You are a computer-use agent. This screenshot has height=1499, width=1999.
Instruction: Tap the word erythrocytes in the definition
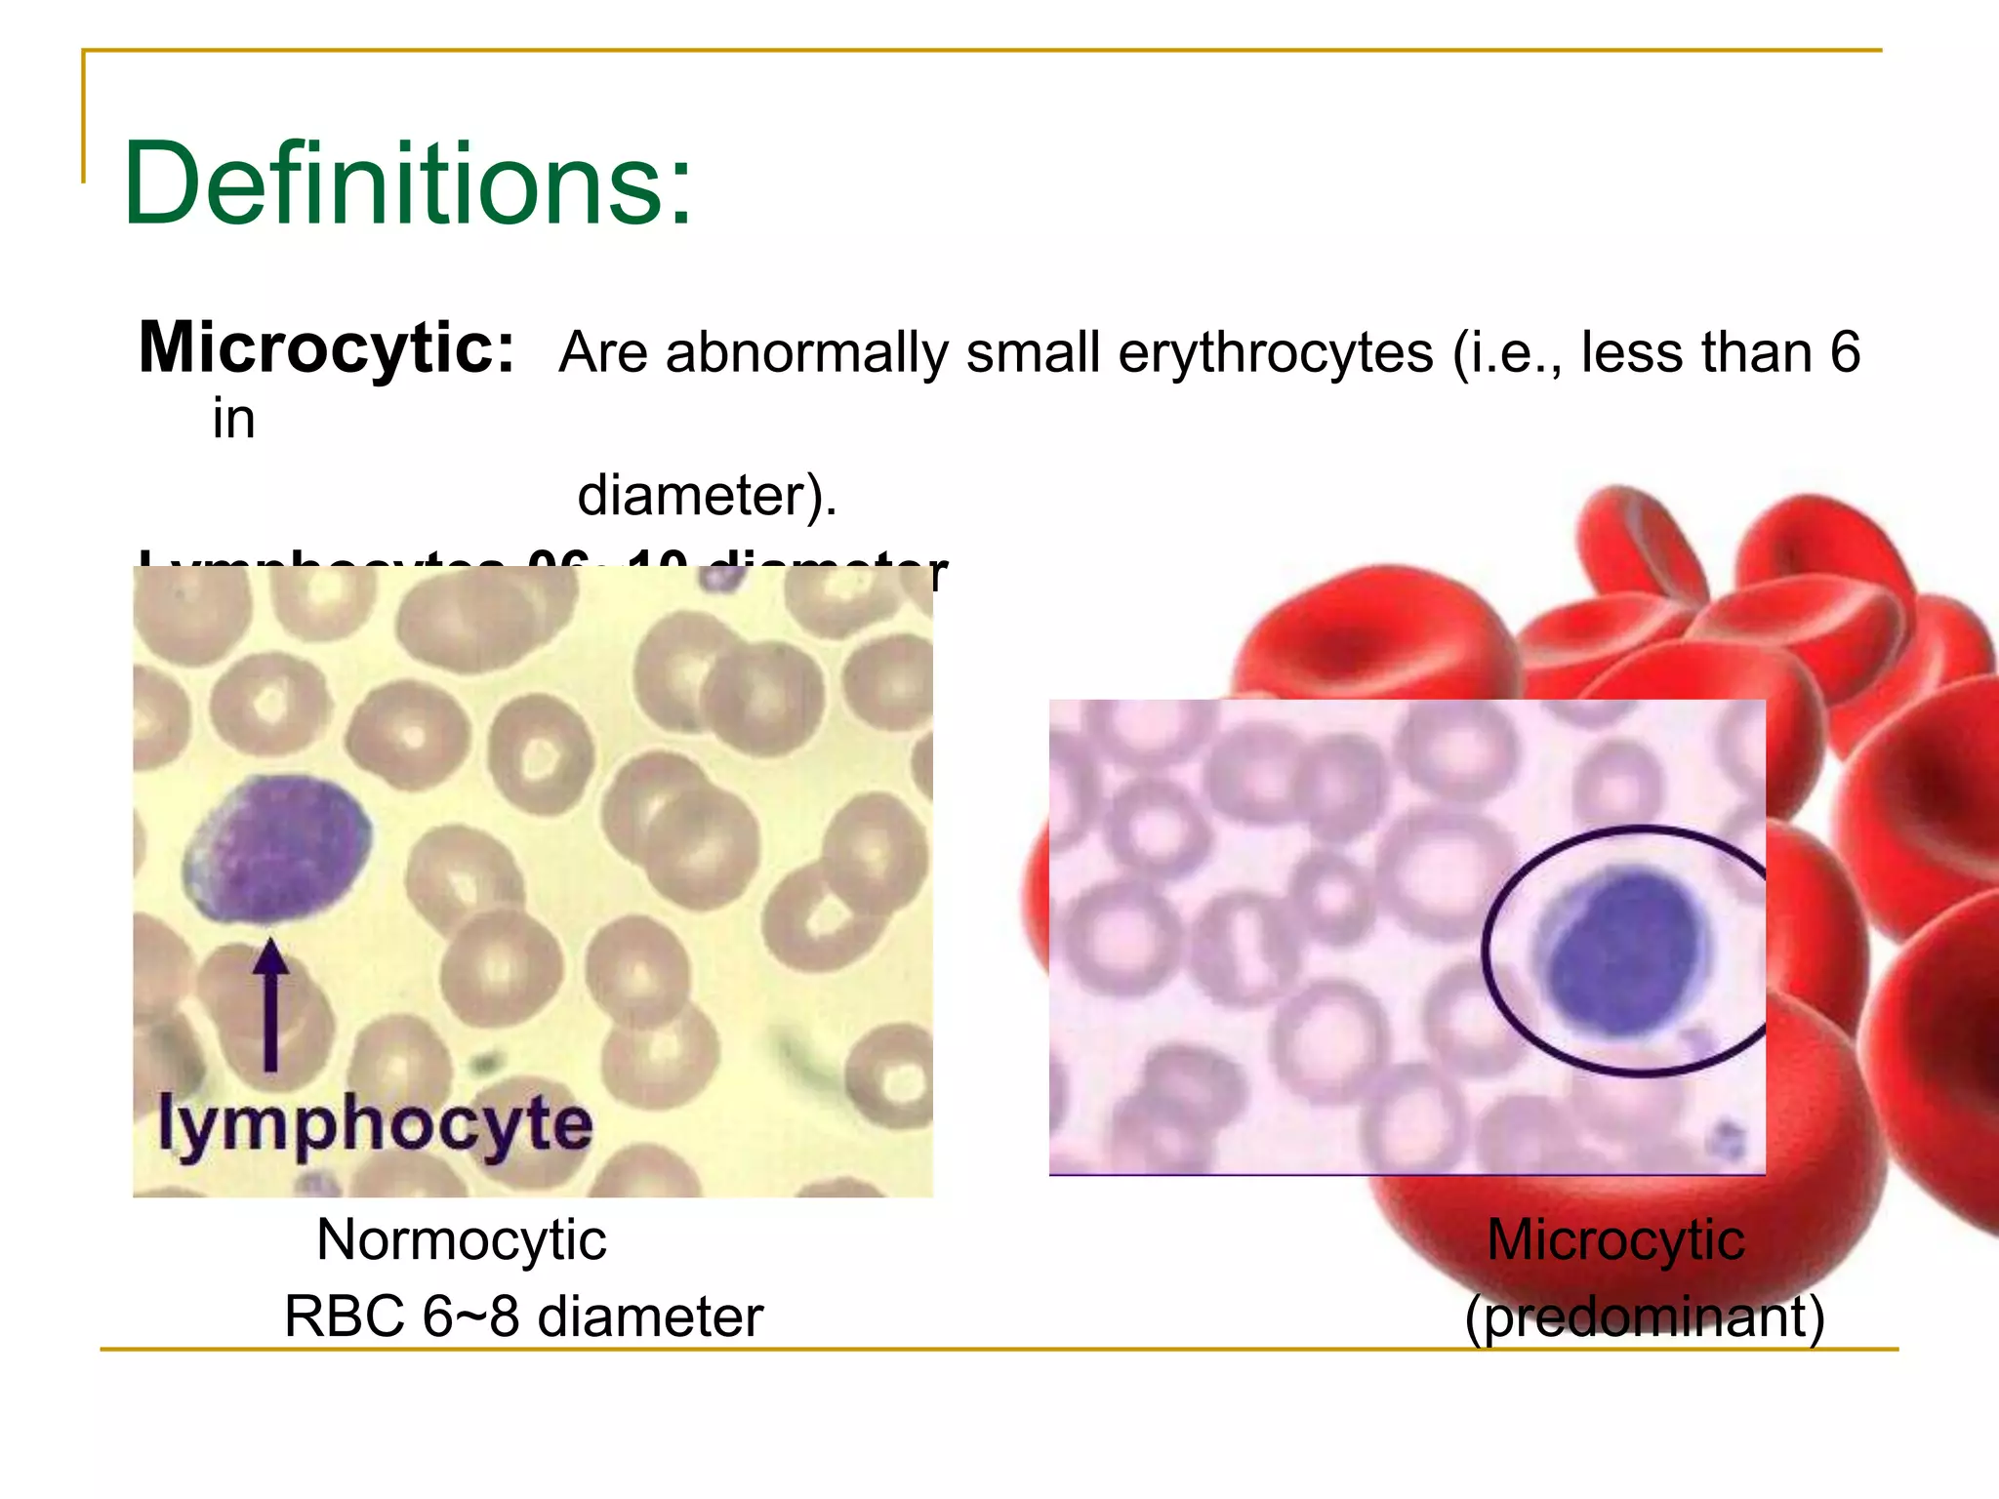1275,352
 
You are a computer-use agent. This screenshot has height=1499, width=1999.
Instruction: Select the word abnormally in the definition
807,352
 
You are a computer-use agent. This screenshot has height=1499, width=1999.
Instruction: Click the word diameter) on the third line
707,495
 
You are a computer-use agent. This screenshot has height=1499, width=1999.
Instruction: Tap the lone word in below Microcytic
233,420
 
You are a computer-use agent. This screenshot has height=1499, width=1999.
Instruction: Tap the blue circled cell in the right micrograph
1625,952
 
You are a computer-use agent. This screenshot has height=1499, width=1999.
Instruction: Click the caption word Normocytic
461,1240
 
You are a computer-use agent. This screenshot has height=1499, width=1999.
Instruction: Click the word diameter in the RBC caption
649,1316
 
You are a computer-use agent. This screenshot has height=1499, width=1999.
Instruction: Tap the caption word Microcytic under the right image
1615,1240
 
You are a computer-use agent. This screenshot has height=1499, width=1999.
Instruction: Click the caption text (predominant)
1644,1316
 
